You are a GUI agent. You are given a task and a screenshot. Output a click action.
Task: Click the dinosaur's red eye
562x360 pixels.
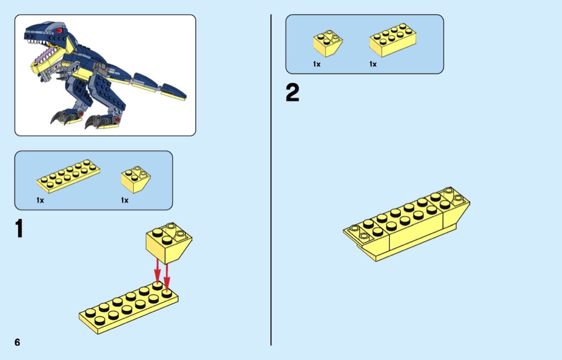(59, 30)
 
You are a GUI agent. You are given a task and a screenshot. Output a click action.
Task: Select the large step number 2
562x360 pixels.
(292, 93)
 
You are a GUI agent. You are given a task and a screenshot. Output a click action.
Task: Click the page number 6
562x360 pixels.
(17, 342)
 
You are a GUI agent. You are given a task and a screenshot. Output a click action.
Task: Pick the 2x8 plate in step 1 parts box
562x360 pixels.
(68, 176)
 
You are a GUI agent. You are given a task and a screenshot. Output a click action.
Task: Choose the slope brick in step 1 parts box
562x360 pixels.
(136, 179)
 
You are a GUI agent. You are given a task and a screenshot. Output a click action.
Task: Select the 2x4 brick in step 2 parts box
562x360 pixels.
(393, 40)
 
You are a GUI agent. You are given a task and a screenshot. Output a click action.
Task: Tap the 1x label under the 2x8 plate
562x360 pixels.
(40, 200)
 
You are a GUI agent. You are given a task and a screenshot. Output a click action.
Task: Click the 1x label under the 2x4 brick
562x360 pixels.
(373, 64)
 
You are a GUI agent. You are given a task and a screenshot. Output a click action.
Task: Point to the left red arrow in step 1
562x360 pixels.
(157, 271)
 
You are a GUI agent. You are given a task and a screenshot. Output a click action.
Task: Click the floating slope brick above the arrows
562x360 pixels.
(169, 242)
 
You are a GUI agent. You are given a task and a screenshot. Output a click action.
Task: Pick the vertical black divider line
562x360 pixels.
(271, 180)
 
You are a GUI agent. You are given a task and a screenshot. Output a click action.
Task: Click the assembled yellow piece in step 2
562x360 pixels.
(406, 224)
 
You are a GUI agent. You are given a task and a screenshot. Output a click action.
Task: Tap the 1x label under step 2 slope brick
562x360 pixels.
(317, 64)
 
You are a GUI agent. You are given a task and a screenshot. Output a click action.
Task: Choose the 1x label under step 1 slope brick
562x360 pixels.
(125, 200)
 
